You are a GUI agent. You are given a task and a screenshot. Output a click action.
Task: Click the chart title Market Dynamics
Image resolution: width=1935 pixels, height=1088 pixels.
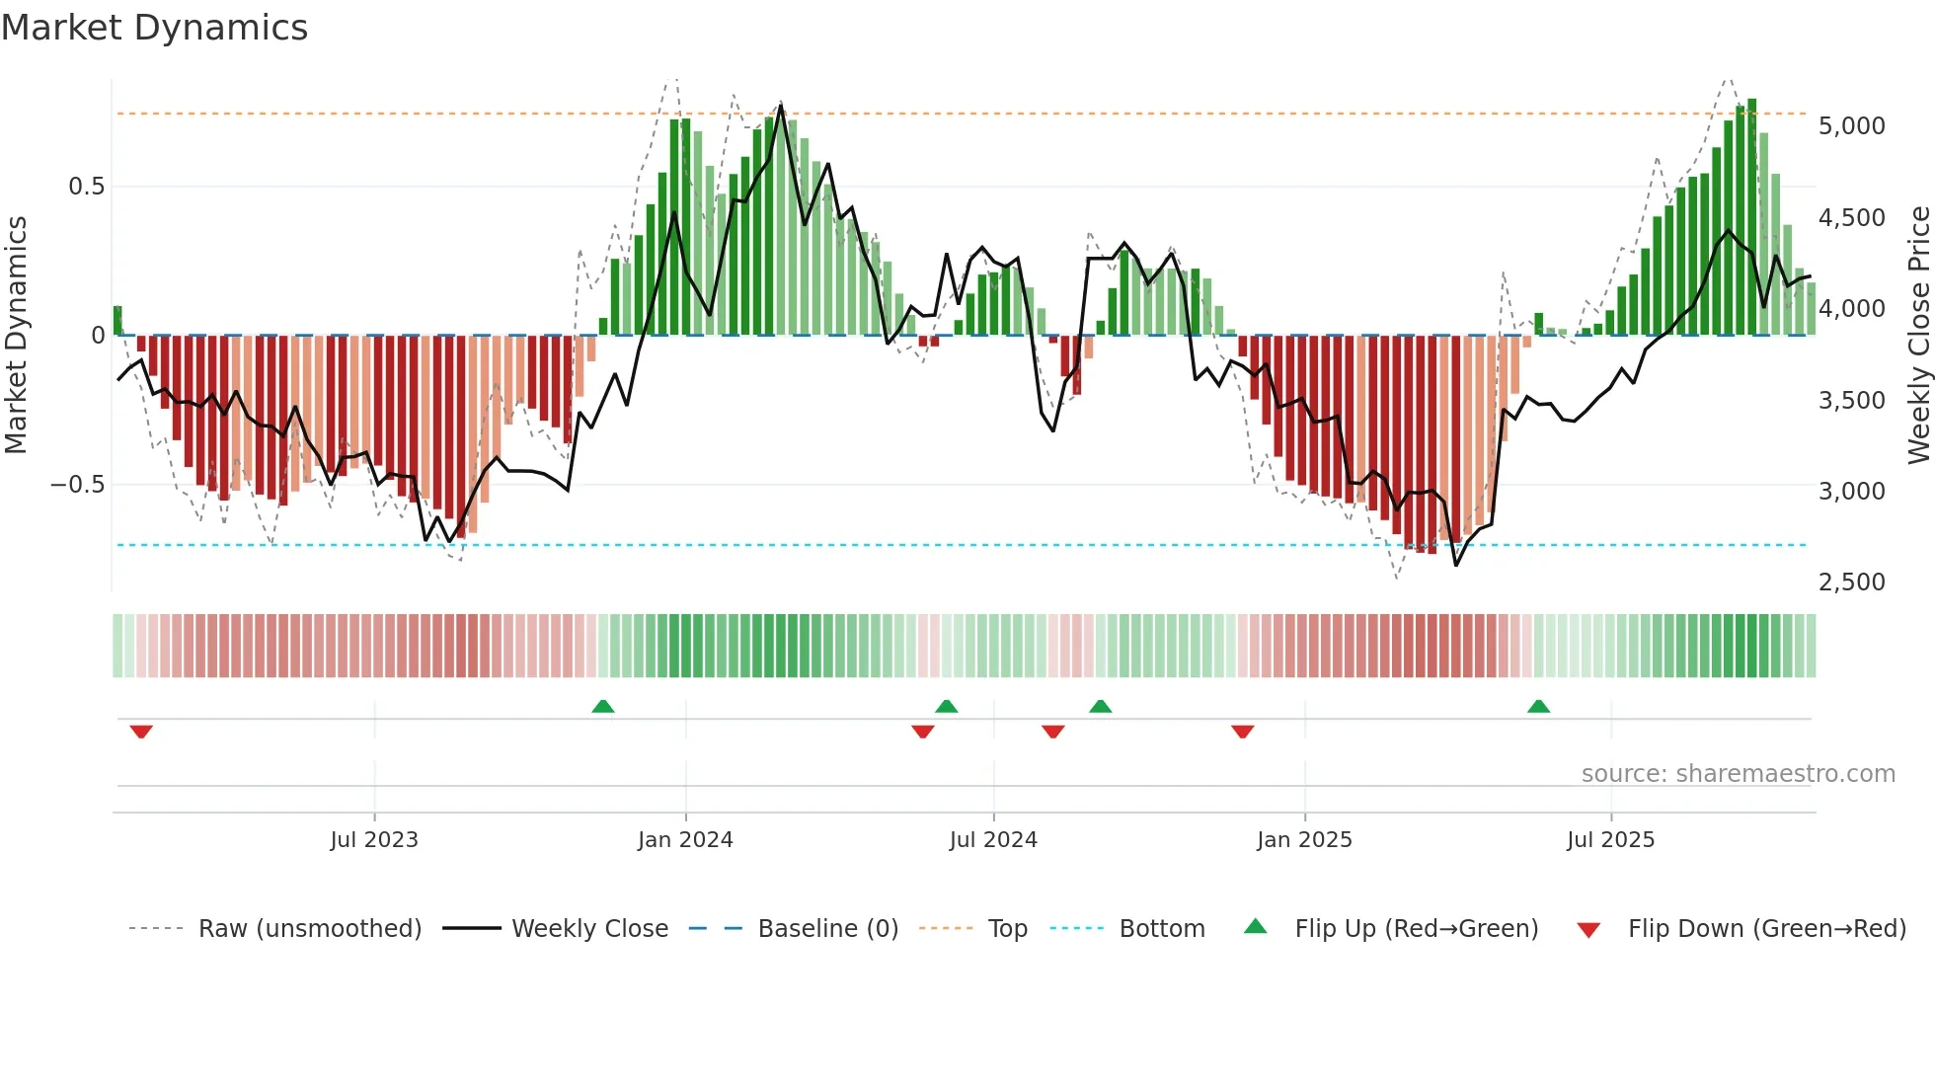(154, 28)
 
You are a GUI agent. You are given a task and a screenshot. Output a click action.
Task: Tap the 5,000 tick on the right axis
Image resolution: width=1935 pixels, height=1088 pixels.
(1851, 126)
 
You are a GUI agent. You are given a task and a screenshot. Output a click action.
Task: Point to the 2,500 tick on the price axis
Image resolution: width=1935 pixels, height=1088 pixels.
(1851, 583)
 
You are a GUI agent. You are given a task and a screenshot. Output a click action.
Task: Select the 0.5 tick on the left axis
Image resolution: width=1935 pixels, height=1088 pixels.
(86, 187)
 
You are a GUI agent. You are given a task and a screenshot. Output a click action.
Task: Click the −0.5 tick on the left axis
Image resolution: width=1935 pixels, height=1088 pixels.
(78, 485)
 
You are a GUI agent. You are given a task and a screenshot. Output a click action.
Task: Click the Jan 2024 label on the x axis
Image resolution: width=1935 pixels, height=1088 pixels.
(685, 840)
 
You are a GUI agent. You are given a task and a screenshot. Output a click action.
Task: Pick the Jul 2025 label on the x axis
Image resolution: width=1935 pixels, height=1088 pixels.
(1610, 840)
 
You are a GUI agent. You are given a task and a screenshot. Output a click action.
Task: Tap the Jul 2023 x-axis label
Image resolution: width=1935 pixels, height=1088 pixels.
(374, 840)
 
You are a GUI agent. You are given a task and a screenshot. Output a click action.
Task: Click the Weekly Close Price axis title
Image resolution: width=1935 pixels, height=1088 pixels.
(1918, 335)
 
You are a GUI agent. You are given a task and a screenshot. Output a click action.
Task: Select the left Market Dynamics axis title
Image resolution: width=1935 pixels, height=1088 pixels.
(17, 335)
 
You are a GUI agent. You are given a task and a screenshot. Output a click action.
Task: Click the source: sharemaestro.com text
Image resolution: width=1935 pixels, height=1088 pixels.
(1738, 774)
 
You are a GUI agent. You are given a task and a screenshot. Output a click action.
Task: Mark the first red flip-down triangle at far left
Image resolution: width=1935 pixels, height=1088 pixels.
(141, 732)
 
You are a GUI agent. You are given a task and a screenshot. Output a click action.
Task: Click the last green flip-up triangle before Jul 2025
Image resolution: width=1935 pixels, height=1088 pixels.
(1538, 706)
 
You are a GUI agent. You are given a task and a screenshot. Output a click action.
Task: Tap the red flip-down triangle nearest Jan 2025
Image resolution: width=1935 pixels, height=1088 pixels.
(1243, 732)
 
